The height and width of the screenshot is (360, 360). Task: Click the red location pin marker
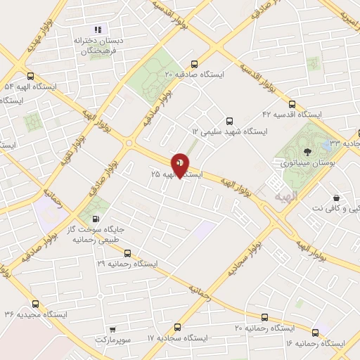click(181, 165)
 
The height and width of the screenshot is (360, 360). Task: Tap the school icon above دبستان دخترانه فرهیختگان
click(98, 30)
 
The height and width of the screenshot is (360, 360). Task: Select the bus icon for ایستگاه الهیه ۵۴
click(30, 77)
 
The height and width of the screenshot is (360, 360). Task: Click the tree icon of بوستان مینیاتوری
click(307, 150)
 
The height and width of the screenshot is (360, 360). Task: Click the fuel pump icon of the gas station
click(95, 219)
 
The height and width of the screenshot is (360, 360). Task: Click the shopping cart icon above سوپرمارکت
click(112, 328)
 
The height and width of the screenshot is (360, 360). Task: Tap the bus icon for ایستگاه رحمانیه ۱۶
click(314, 332)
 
